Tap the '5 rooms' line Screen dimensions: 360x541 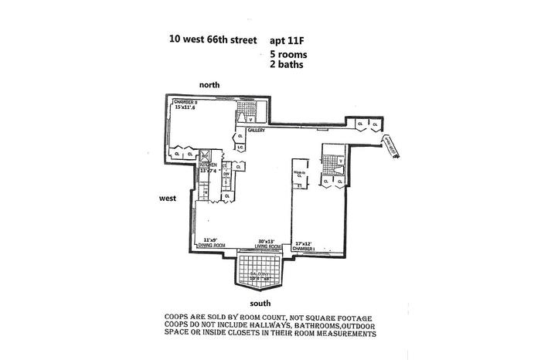tap(289, 55)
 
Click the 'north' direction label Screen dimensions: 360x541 tap(211, 83)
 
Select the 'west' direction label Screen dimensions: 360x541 tap(168, 198)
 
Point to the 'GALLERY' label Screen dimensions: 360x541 tap(257, 131)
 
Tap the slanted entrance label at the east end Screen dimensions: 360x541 tap(390, 146)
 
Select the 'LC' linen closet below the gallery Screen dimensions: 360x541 tap(240, 148)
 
